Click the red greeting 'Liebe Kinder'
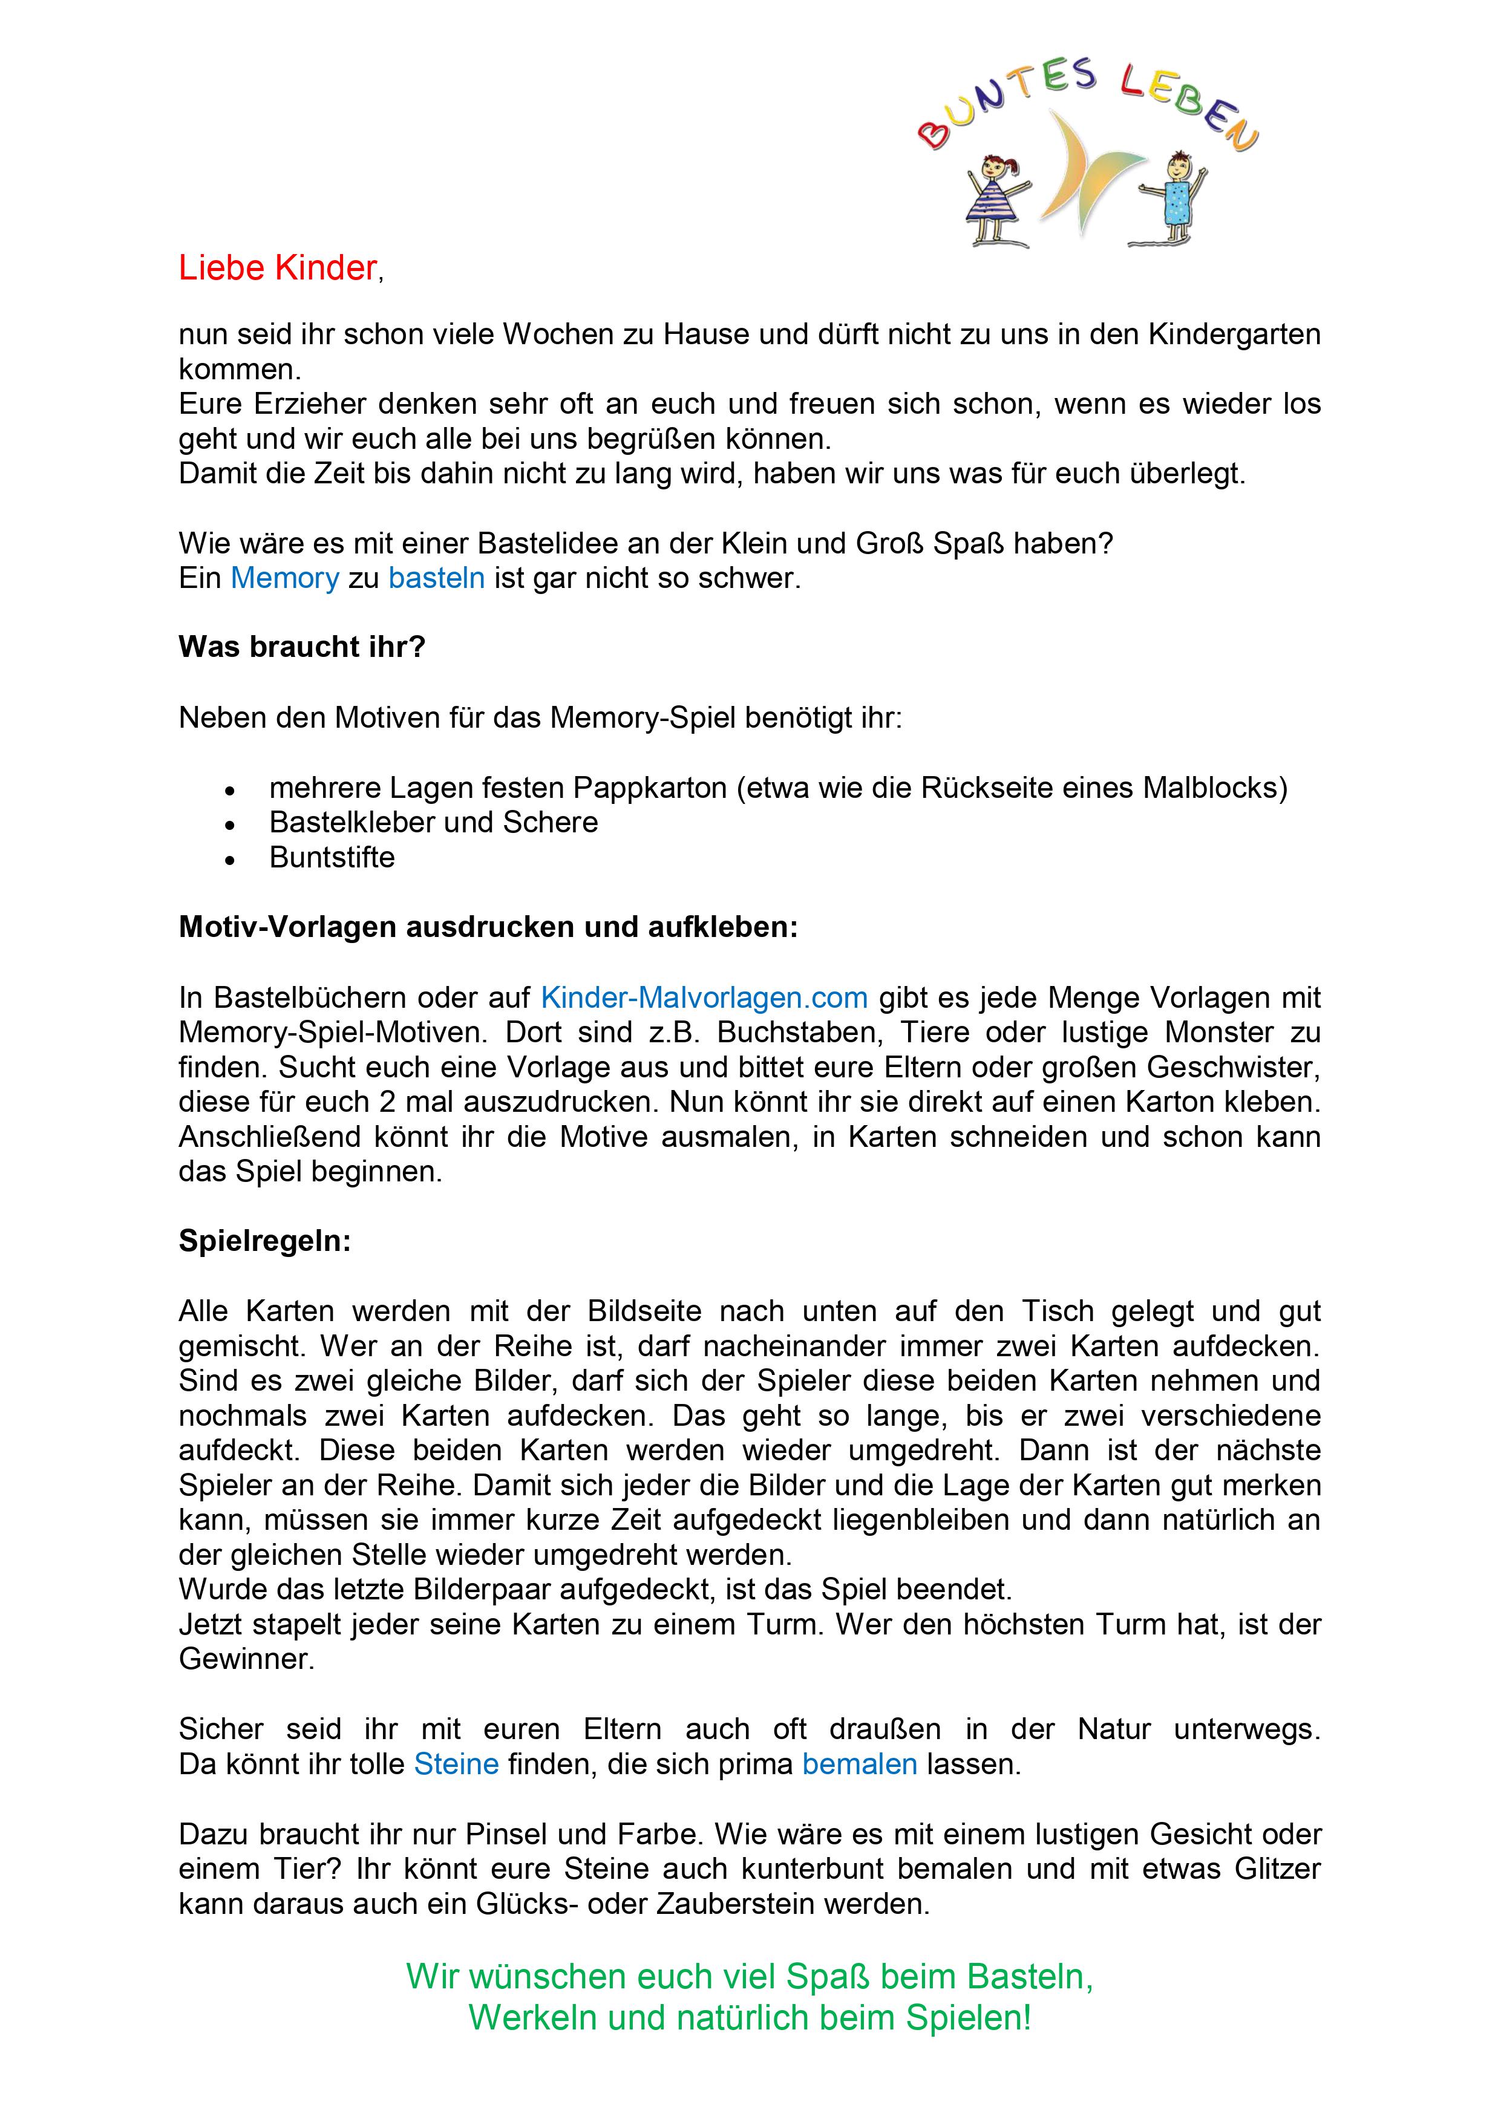click(x=277, y=268)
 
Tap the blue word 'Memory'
click(x=285, y=578)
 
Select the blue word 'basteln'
click(x=436, y=578)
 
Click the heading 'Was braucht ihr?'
click(x=301, y=647)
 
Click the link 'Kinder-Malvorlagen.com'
click(x=704, y=997)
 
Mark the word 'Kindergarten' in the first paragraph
click(x=1234, y=335)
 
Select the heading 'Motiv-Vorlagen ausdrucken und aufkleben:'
click(x=488, y=927)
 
